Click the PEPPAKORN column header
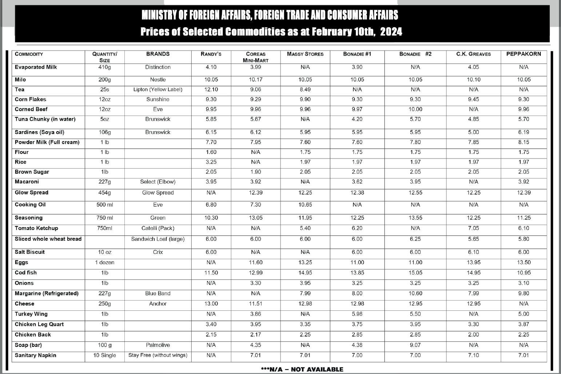pyautogui.click(x=524, y=54)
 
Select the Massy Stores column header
pyautogui.click(x=305, y=54)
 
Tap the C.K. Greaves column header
pyautogui.click(x=473, y=54)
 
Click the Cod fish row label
pyautogui.click(x=26, y=273)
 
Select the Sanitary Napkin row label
pyautogui.click(x=35, y=355)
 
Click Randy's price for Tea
pyautogui.click(x=211, y=89)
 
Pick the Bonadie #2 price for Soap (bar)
pyautogui.click(x=415, y=345)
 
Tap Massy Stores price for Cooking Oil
pyautogui.click(x=305, y=205)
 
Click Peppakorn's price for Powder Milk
pyautogui.click(x=524, y=142)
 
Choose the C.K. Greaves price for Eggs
pyautogui.click(x=473, y=262)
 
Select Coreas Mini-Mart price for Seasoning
pyautogui.click(x=255, y=218)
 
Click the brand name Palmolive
pyautogui.click(x=158, y=345)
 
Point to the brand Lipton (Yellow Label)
pyautogui.click(x=158, y=89)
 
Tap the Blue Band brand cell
pyautogui.click(x=158, y=293)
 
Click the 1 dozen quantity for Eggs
pyautogui.click(x=104, y=262)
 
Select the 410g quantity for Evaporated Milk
pyautogui.click(x=104, y=67)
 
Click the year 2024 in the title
pyautogui.click(x=391, y=32)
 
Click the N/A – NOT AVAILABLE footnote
pyautogui.click(x=302, y=369)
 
